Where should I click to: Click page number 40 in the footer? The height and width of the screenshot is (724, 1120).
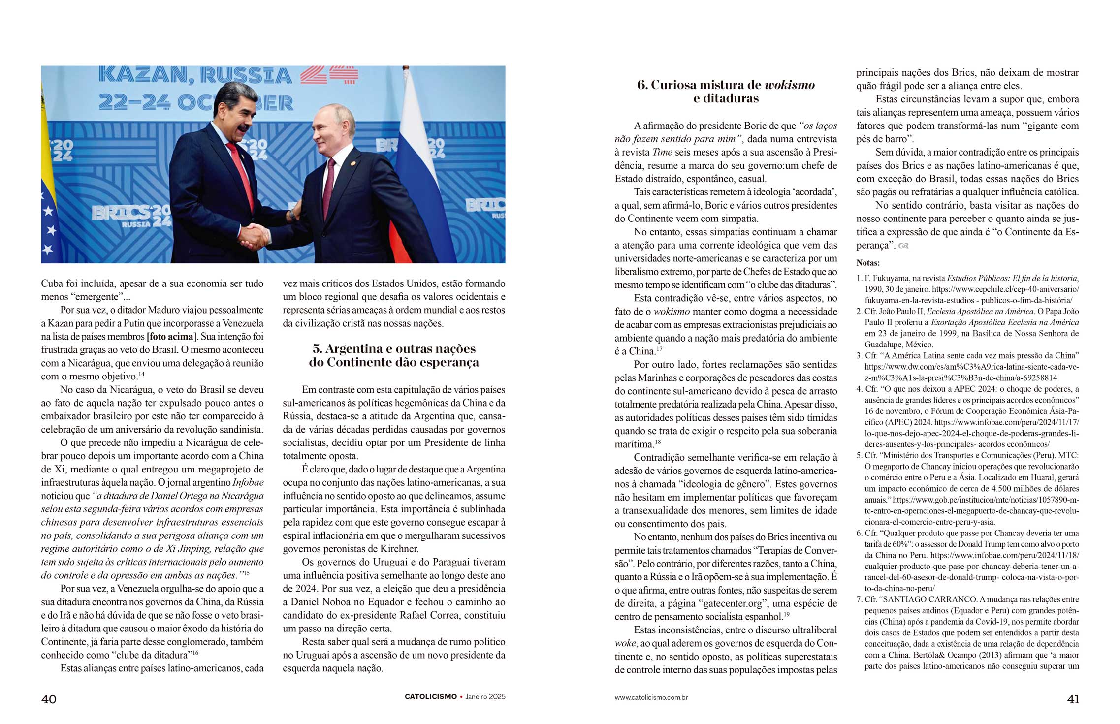49,699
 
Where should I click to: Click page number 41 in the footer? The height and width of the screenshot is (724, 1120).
1073,699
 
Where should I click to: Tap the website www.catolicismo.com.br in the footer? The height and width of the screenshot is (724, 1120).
651,697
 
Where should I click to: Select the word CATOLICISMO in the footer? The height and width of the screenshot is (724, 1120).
430,697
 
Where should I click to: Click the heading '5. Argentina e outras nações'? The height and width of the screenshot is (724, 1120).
394,349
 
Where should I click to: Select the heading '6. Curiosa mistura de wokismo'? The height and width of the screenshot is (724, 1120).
726,85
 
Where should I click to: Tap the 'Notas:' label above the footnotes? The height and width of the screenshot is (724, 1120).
868,263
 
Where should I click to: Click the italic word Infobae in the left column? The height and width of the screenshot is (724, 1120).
248,482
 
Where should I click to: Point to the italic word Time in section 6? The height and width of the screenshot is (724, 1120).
662,153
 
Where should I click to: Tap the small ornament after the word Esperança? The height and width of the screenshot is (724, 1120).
903,246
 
